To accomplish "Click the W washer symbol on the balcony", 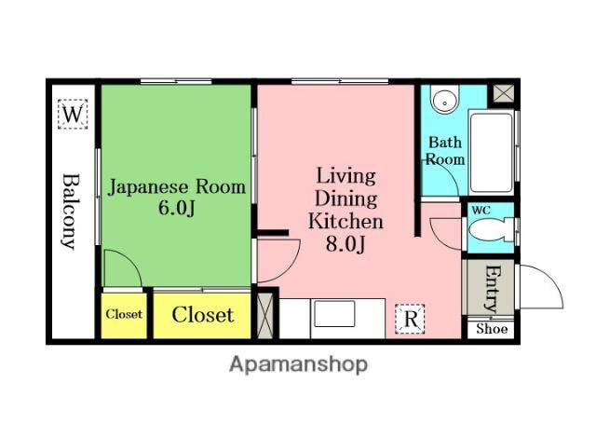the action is click(x=73, y=114).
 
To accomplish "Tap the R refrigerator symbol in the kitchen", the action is click(x=410, y=319).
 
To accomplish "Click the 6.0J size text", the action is click(x=177, y=208).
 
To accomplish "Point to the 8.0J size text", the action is click(x=345, y=244).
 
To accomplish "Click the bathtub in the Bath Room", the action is click(x=491, y=152).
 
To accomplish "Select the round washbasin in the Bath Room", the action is click(x=444, y=99).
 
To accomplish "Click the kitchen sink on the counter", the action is click(x=334, y=314).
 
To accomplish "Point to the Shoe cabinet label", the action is click(x=492, y=329).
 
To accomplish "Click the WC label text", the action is click(x=481, y=211).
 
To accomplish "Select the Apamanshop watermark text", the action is click(x=299, y=365).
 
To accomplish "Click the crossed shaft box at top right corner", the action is click(x=504, y=93).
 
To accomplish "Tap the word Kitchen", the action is click(x=345, y=221).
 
